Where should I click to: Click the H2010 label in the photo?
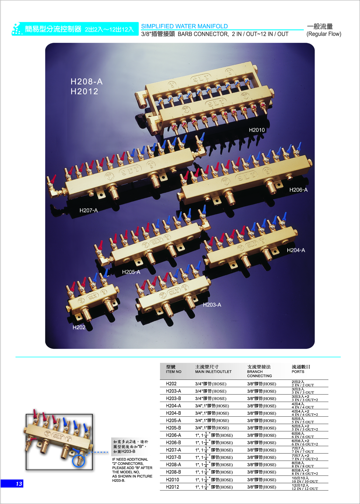click(257, 130)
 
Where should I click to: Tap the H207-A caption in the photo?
click(88, 210)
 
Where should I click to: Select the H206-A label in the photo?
click(298, 190)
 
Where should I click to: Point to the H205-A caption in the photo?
click(131, 272)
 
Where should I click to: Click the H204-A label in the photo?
click(296, 250)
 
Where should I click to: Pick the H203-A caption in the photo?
click(212, 305)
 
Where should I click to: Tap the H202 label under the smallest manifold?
click(79, 327)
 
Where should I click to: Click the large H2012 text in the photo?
click(85, 92)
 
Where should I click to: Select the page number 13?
click(19, 484)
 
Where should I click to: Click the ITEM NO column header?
click(174, 372)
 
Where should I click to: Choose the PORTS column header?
click(298, 372)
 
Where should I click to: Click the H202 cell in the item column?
click(171, 384)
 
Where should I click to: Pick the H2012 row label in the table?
click(172, 487)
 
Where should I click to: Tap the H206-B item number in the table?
click(174, 443)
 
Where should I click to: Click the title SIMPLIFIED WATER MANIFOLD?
click(184, 26)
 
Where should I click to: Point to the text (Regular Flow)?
click(324, 34)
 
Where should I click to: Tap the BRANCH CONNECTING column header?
click(259, 374)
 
